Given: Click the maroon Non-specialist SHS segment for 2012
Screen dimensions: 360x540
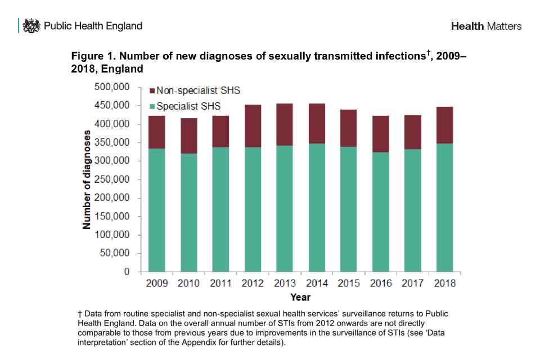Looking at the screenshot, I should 253,126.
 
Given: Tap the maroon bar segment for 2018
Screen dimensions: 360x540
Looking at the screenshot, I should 445,125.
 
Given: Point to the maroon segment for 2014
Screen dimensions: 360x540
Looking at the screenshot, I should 317,124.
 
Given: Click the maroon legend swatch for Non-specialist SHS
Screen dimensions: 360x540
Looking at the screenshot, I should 151,91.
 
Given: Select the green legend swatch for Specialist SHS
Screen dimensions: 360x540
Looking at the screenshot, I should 151,106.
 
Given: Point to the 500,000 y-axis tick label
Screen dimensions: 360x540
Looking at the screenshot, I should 112,87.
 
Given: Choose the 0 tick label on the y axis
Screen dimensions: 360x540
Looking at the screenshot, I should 127,272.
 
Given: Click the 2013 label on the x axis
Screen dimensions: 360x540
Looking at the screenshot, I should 285,283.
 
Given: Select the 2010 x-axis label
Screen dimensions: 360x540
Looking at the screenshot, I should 188,283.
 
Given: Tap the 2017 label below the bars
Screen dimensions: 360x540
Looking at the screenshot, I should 413,283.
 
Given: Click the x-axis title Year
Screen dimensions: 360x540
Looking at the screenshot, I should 300,297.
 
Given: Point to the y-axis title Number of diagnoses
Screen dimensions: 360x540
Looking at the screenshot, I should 87,179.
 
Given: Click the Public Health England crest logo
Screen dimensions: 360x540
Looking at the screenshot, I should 31,26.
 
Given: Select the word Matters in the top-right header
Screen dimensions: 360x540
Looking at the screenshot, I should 504,26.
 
